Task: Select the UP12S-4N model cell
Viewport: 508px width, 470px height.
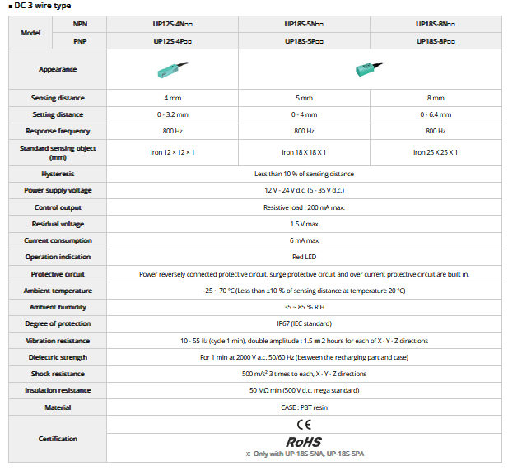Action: point(173,25)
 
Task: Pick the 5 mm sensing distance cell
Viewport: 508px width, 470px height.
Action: point(304,98)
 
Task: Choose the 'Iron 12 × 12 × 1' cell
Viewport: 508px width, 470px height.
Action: point(173,152)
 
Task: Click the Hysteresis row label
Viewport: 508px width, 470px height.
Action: point(58,174)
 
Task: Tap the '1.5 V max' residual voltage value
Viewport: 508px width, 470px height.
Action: point(304,224)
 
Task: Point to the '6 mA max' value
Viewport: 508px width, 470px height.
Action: point(304,240)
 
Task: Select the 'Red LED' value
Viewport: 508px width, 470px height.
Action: point(304,257)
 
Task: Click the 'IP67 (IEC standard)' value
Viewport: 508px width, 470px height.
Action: point(304,323)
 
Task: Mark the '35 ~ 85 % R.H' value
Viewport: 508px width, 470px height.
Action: point(304,307)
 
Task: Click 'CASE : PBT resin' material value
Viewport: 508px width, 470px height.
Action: point(304,407)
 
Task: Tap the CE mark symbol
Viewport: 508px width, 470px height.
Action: point(304,425)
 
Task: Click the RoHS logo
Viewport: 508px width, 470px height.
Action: point(304,442)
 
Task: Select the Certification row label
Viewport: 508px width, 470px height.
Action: point(58,439)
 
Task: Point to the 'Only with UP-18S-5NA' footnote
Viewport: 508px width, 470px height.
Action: point(304,454)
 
